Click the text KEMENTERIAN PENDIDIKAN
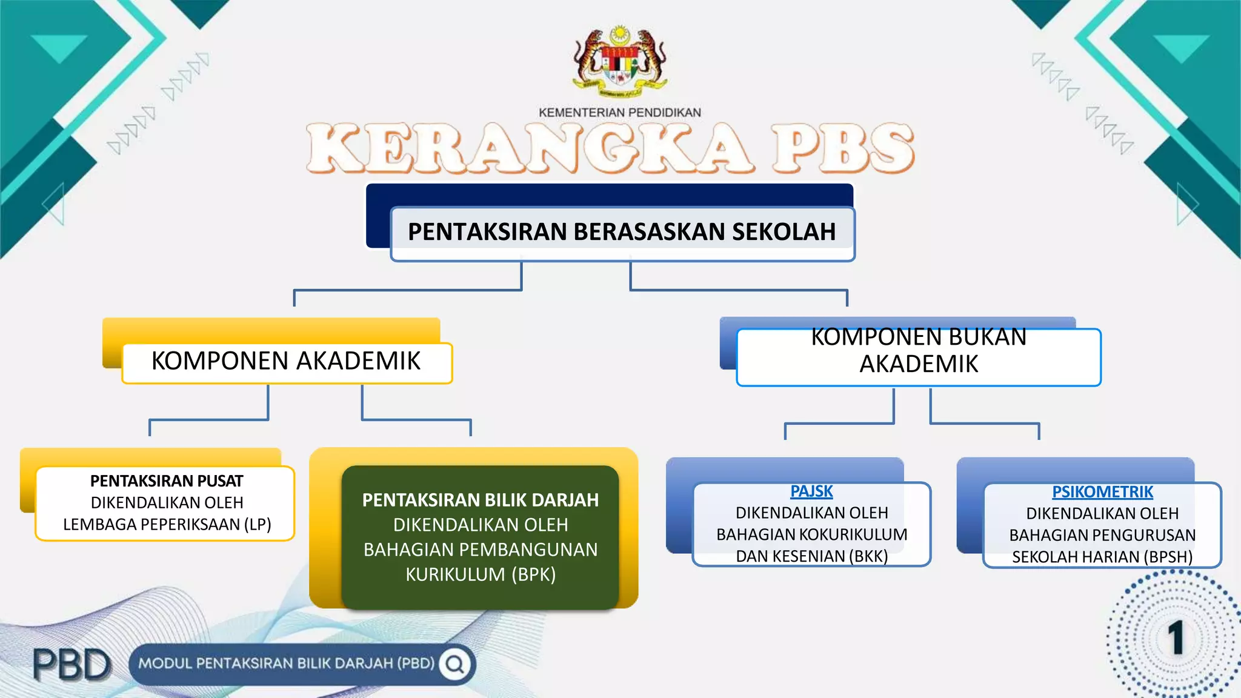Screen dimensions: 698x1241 pos(619,113)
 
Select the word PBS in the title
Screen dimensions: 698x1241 pos(842,148)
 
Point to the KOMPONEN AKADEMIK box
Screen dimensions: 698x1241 pos(286,362)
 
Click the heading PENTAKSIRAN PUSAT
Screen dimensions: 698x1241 pos(167,481)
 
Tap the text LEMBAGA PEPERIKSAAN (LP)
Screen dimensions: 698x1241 pos(167,525)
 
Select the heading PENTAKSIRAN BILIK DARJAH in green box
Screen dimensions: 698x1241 pos(480,500)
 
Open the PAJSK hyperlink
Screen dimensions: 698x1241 pos(811,491)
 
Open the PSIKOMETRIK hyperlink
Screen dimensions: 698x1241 pos(1102,492)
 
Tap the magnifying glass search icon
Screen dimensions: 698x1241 pos(455,665)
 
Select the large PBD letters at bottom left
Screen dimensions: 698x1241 pos(72,665)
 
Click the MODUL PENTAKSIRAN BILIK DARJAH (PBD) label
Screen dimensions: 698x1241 pos(286,663)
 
